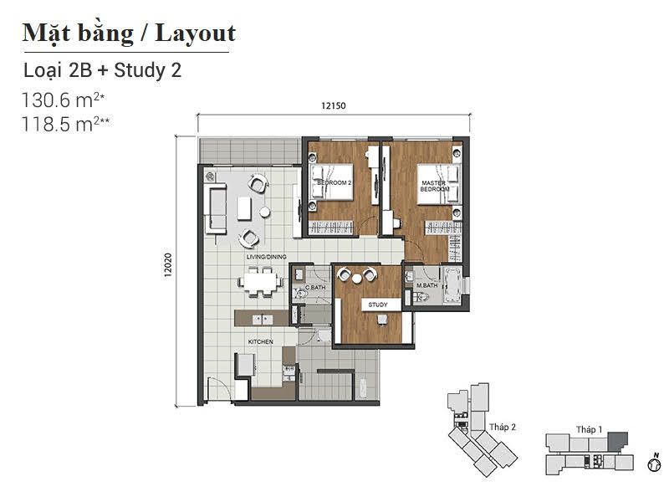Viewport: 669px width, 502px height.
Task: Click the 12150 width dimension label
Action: (333, 105)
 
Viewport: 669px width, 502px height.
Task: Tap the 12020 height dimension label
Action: (168, 265)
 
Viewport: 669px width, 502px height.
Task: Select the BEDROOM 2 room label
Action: (334, 182)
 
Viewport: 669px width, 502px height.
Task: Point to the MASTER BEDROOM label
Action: (435, 186)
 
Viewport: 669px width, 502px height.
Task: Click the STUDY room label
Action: (378, 305)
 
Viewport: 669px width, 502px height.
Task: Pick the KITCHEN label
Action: (261, 342)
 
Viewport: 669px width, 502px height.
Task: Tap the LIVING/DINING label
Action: (266, 257)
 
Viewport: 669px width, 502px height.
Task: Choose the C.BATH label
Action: (315, 287)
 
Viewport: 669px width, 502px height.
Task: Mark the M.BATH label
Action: (427, 285)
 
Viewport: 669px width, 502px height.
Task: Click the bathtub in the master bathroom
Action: (452, 284)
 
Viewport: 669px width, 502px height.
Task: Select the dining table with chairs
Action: (260, 282)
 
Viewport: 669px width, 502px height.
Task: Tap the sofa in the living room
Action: (216, 208)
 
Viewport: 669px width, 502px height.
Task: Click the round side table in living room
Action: (264, 212)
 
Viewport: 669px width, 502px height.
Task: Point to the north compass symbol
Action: (654, 464)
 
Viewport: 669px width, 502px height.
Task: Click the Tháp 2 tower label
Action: (503, 427)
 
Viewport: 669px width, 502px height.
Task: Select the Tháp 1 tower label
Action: (590, 429)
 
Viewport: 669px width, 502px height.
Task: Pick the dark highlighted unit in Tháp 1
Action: (617, 440)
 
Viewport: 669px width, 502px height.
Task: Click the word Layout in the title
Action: (196, 33)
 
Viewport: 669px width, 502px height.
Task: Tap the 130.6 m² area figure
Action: (64, 100)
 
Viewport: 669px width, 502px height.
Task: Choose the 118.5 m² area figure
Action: (65, 124)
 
